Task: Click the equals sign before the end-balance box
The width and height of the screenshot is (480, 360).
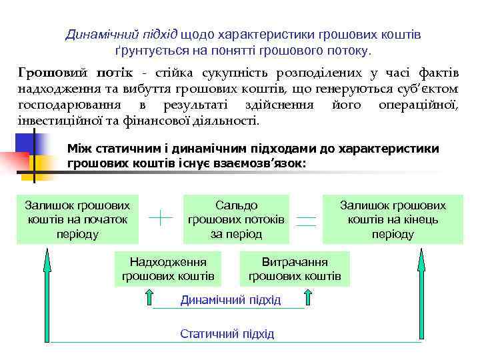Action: pos(306,221)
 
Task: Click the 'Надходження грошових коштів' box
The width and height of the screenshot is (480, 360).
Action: pos(168,269)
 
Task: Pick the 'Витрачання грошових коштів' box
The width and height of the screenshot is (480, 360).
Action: pos(295,269)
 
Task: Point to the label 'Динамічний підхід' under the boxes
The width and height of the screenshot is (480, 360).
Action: pos(230,300)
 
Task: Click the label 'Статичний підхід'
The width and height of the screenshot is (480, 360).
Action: pos(227,333)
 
